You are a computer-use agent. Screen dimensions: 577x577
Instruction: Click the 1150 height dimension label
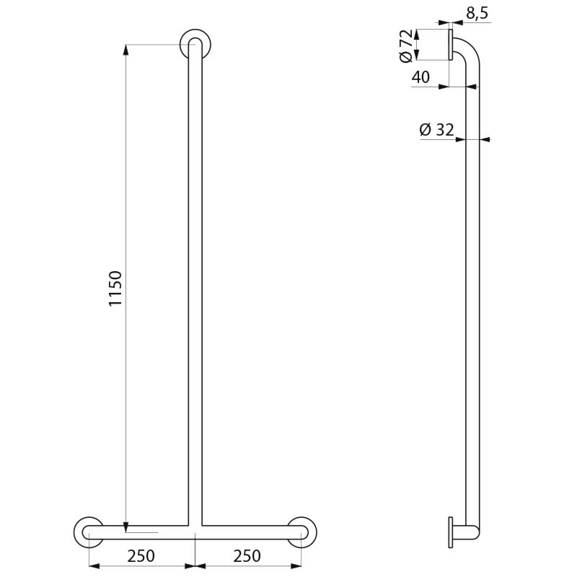pyautogui.click(x=115, y=288)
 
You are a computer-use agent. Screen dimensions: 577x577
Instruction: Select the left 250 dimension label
pyautogui.click(x=141, y=556)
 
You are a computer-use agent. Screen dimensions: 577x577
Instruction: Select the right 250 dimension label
pyautogui.click(x=247, y=556)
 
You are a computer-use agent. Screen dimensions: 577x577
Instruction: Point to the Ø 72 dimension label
pyautogui.click(x=407, y=45)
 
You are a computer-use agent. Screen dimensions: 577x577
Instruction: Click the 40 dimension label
pyautogui.click(x=422, y=77)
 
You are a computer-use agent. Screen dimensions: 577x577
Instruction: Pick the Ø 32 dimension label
pyautogui.click(x=436, y=130)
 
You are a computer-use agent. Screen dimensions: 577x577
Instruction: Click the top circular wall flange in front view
pyautogui.click(x=195, y=43)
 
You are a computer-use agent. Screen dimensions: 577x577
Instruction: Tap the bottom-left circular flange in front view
pyautogui.click(x=88, y=532)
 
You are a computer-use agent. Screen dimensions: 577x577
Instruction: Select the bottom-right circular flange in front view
pyautogui.click(x=301, y=532)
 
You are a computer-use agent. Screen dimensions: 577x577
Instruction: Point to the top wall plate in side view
pyautogui.click(x=450, y=45)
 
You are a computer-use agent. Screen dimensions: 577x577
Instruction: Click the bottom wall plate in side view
pyautogui.click(x=451, y=532)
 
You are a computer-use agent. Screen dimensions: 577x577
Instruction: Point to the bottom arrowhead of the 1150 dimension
pyautogui.click(x=126, y=528)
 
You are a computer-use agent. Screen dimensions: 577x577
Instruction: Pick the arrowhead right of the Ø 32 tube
pyautogui.click(x=484, y=139)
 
